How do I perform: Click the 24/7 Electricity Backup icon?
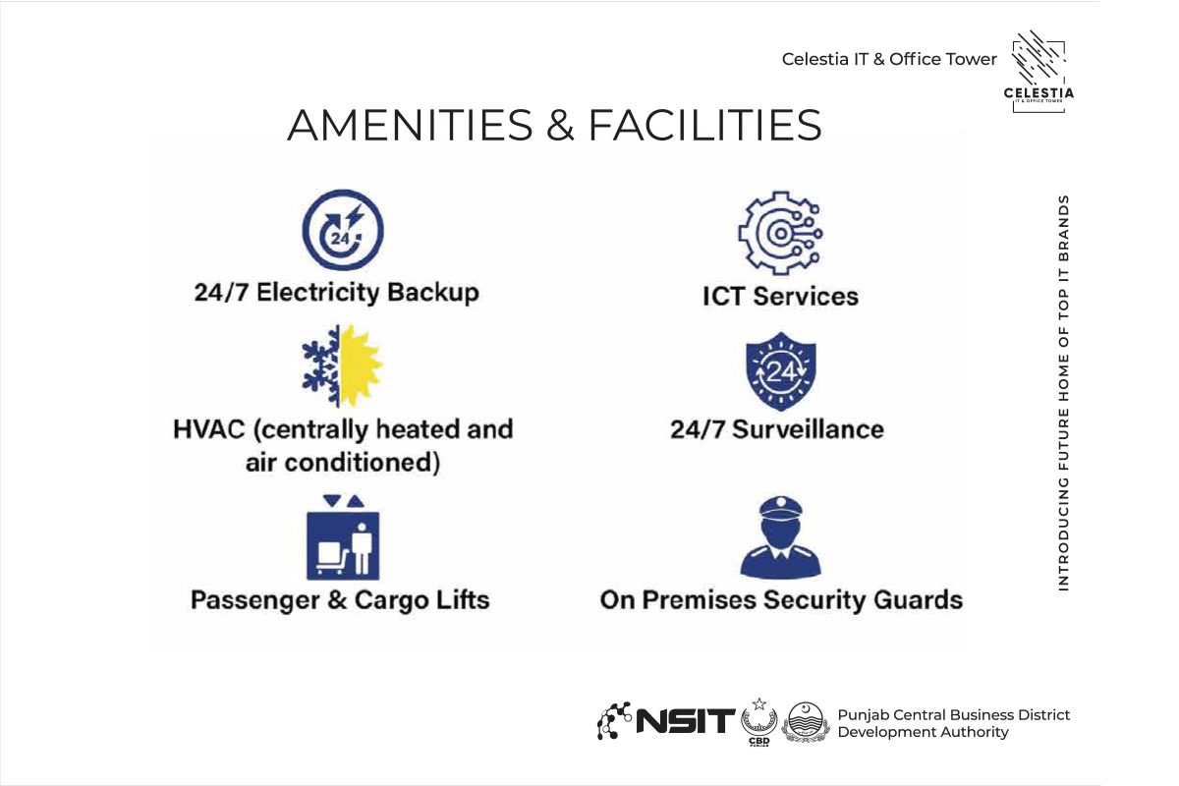click(x=343, y=230)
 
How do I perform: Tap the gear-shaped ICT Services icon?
click(x=780, y=233)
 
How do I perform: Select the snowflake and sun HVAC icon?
click(x=342, y=365)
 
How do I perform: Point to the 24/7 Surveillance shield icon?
click(x=781, y=371)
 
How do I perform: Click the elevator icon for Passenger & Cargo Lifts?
click(x=343, y=537)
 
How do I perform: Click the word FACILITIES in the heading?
click(x=704, y=126)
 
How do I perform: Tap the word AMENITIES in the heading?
click(x=410, y=126)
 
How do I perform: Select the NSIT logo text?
click(x=686, y=721)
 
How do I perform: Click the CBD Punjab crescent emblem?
click(x=758, y=722)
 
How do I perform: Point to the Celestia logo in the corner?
click(x=1039, y=71)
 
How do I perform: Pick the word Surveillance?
click(x=808, y=429)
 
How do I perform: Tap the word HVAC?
click(x=209, y=429)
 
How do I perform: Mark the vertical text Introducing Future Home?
click(x=1064, y=393)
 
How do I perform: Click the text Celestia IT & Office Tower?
click(x=889, y=59)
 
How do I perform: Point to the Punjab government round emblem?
click(x=806, y=722)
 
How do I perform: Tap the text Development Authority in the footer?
click(x=923, y=732)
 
